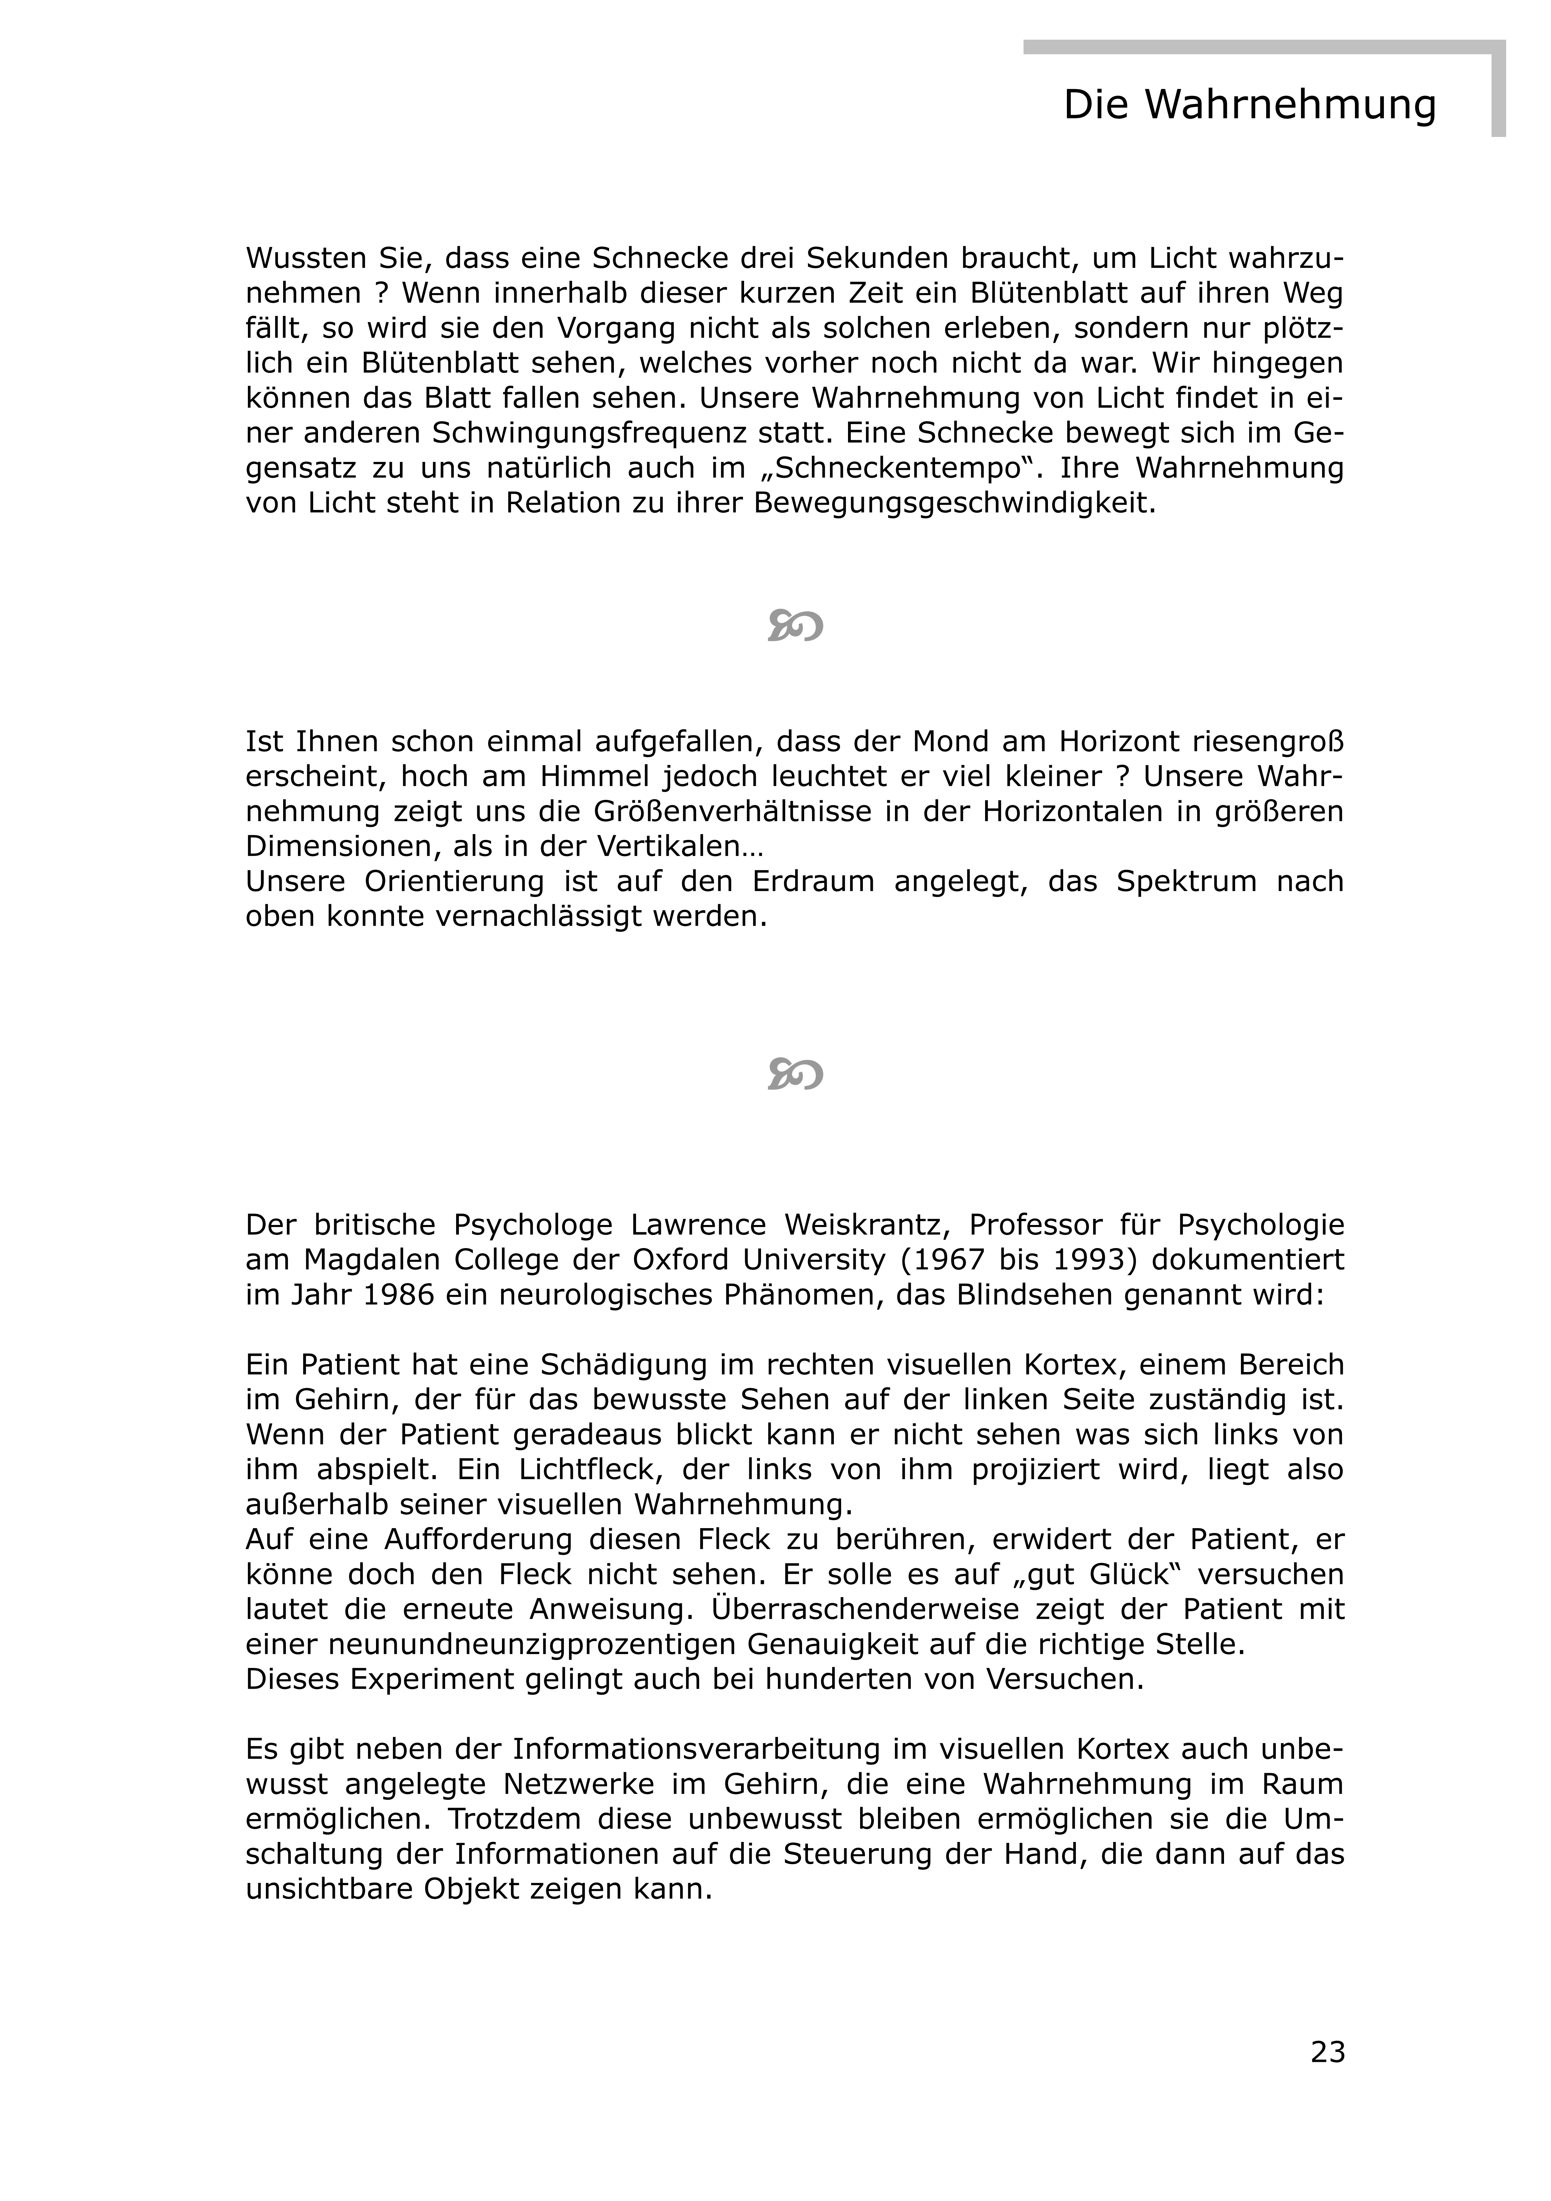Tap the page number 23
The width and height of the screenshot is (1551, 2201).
(x=1328, y=2052)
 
